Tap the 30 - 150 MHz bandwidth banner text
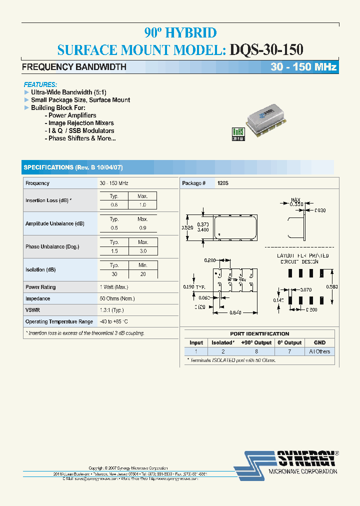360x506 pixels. (303, 67)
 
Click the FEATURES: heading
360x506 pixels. (40, 85)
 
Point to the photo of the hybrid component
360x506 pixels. (267, 118)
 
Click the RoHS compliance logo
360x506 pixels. (238, 134)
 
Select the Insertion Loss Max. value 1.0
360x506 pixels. (142, 205)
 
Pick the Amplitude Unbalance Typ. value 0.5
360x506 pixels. (114, 228)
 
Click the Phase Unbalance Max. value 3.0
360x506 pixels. (142, 251)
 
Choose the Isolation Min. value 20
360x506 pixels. (142, 274)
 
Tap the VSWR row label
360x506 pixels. (32, 310)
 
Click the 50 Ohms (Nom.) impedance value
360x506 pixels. (117, 298)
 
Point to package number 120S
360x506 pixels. (223, 183)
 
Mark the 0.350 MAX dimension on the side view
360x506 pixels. (297, 204)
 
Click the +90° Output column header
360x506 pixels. (256, 342)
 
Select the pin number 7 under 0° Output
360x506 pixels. (289, 351)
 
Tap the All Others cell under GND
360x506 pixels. (319, 351)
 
